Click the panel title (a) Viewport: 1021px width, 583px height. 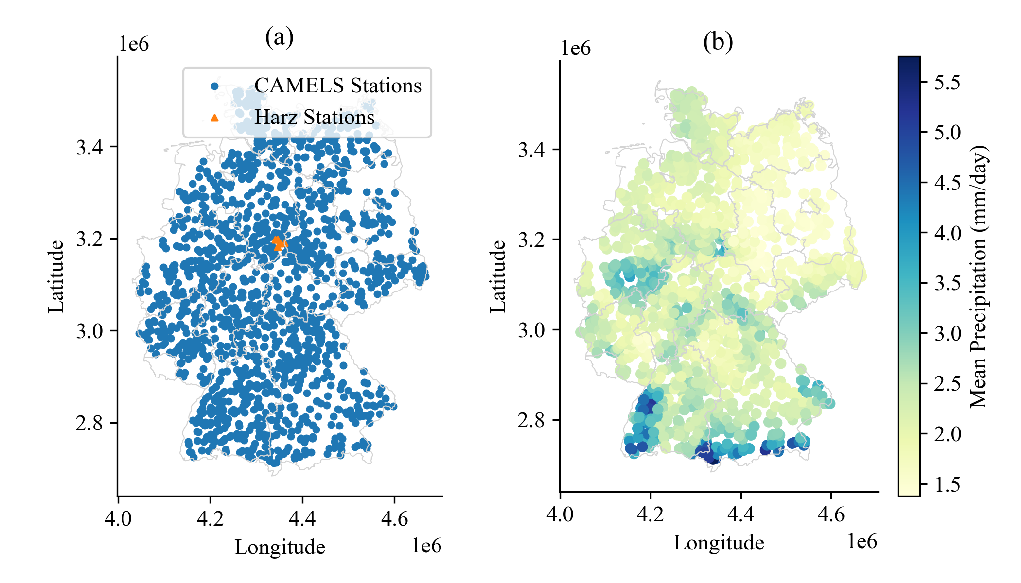[x=279, y=37]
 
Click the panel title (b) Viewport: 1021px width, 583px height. [x=718, y=42]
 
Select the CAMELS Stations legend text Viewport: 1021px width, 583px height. [x=338, y=86]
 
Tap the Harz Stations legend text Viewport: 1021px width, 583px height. [x=315, y=117]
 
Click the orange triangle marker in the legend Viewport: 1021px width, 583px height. [x=214, y=118]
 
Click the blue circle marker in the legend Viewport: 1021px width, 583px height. [x=214, y=86]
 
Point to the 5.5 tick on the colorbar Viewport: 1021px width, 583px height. [x=947, y=82]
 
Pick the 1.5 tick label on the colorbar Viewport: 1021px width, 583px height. [x=947, y=484]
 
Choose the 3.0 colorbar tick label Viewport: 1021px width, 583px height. [x=947, y=333]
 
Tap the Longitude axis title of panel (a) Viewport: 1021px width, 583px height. [x=280, y=547]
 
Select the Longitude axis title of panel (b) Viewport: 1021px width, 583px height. [x=719, y=543]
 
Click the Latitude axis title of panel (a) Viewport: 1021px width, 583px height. [x=56, y=276]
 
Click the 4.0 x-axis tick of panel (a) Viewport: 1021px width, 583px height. [x=118, y=519]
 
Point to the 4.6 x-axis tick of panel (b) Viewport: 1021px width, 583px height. [x=831, y=514]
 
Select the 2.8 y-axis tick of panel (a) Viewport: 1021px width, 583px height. [x=89, y=423]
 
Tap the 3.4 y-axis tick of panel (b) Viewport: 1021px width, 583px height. [x=531, y=149]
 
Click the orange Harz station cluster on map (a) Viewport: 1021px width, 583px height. [x=279, y=243]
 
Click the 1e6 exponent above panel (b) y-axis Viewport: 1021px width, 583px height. [x=576, y=49]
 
